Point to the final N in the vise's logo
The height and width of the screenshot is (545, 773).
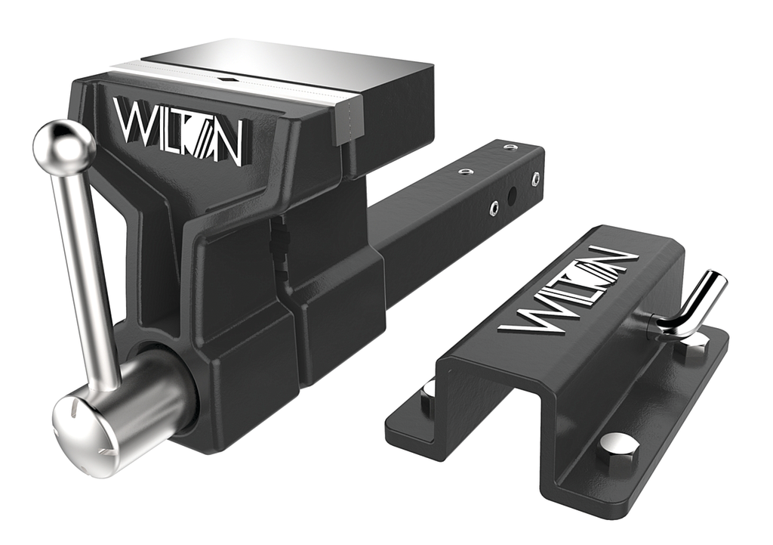tap(225, 143)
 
